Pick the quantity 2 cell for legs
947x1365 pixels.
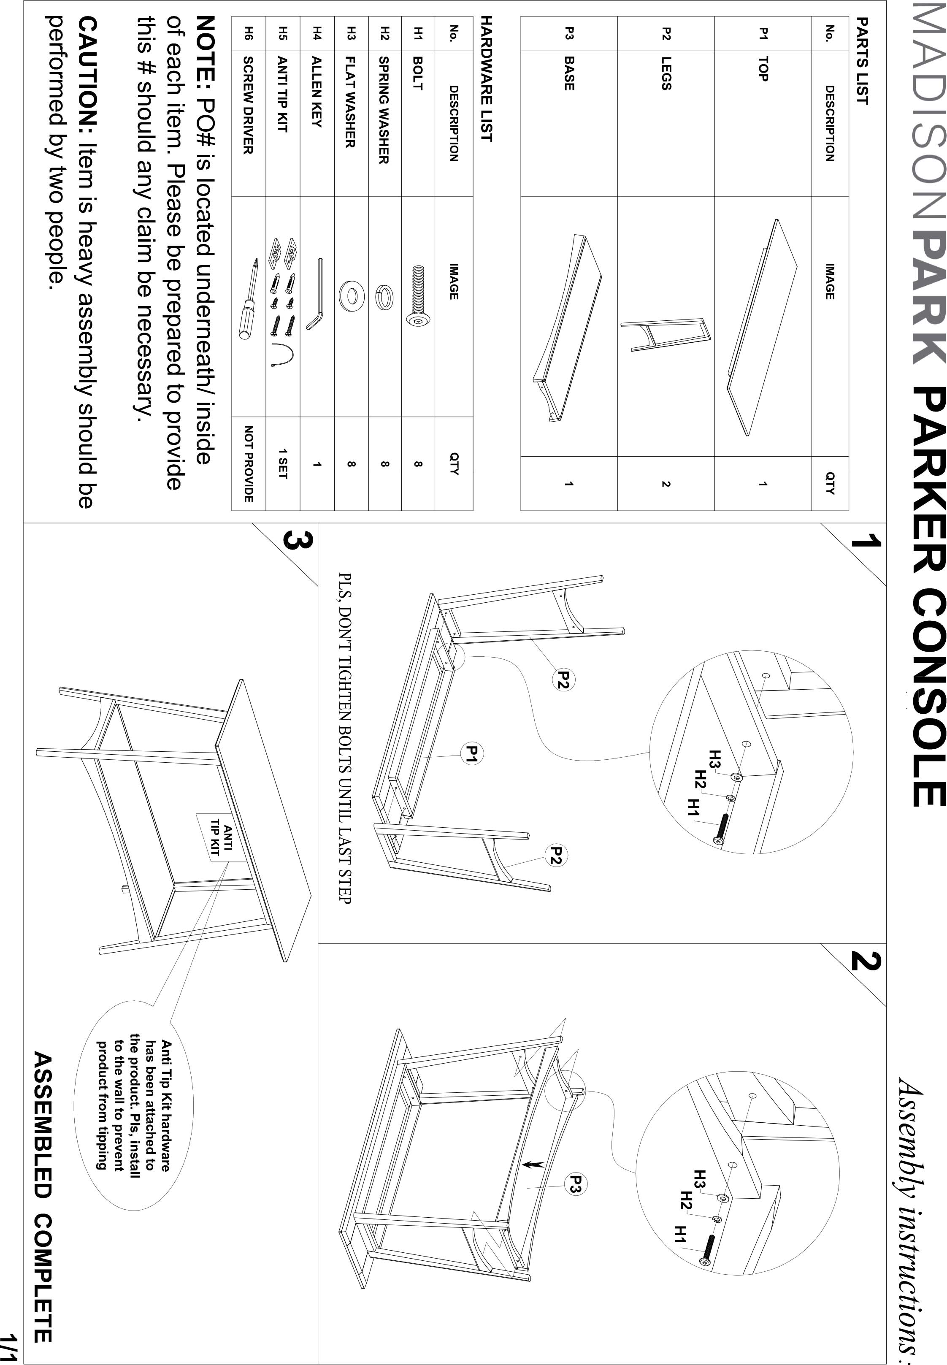click(x=666, y=484)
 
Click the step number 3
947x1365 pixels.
click(x=295, y=541)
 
